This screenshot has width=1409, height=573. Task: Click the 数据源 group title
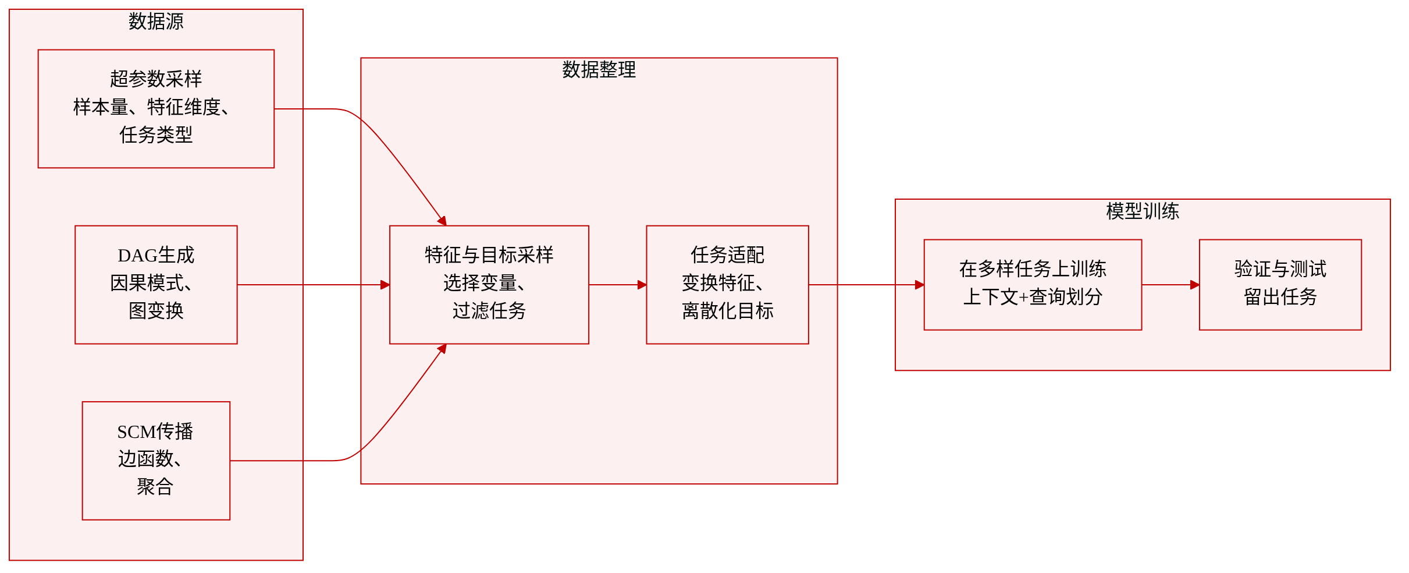[x=156, y=22]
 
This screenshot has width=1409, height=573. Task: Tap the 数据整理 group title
[x=599, y=70]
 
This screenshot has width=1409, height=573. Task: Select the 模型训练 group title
[x=1143, y=211]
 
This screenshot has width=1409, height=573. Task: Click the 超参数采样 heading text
[x=156, y=79]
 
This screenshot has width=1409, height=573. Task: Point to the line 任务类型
[x=156, y=135]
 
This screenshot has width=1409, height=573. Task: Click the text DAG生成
[x=156, y=255]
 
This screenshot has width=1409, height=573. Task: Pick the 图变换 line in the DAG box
[x=156, y=311]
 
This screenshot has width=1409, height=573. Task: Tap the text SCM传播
[x=155, y=431]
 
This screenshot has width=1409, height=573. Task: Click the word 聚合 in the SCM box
[x=155, y=487]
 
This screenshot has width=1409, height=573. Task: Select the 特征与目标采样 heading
[x=489, y=255]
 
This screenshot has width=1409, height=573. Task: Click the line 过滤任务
[x=489, y=311]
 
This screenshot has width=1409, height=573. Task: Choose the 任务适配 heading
[x=727, y=255]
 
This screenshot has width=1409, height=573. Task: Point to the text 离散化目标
[x=727, y=311]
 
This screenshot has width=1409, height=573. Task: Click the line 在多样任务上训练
[x=1033, y=269]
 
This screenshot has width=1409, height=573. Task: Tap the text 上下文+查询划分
[x=1033, y=297]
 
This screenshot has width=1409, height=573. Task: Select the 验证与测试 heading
[x=1280, y=269]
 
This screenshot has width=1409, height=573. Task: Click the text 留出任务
[x=1280, y=297]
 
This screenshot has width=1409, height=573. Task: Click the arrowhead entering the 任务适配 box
[x=642, y=285]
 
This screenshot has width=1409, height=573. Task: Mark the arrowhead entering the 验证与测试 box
[x=1195, y=285]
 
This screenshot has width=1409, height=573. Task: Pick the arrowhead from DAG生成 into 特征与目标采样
[x=385, y=285]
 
